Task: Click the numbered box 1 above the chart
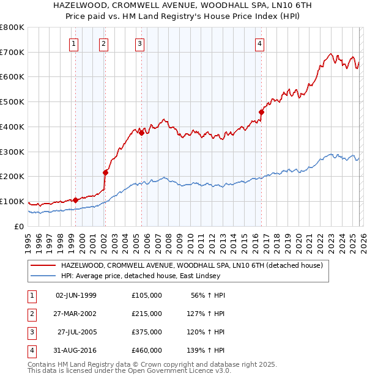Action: [x=74, y=43]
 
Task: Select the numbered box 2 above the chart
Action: [x=104, y=43]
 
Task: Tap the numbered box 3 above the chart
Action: [x=140, y=43]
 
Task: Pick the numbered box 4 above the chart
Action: [x=260, y=43]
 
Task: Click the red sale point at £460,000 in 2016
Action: [x=261, y=112]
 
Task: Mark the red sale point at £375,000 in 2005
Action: [x=141, y=133]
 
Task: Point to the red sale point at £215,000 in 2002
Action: [x=105, y=172]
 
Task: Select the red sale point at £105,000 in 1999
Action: [x=75, y=200]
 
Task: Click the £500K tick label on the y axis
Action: [x=12, y=101]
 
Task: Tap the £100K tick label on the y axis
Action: [x=12, y=201]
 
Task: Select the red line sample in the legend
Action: [x=43, y=265]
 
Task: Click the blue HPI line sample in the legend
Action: [x=43, y=276]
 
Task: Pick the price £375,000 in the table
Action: [x=146, y=332]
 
